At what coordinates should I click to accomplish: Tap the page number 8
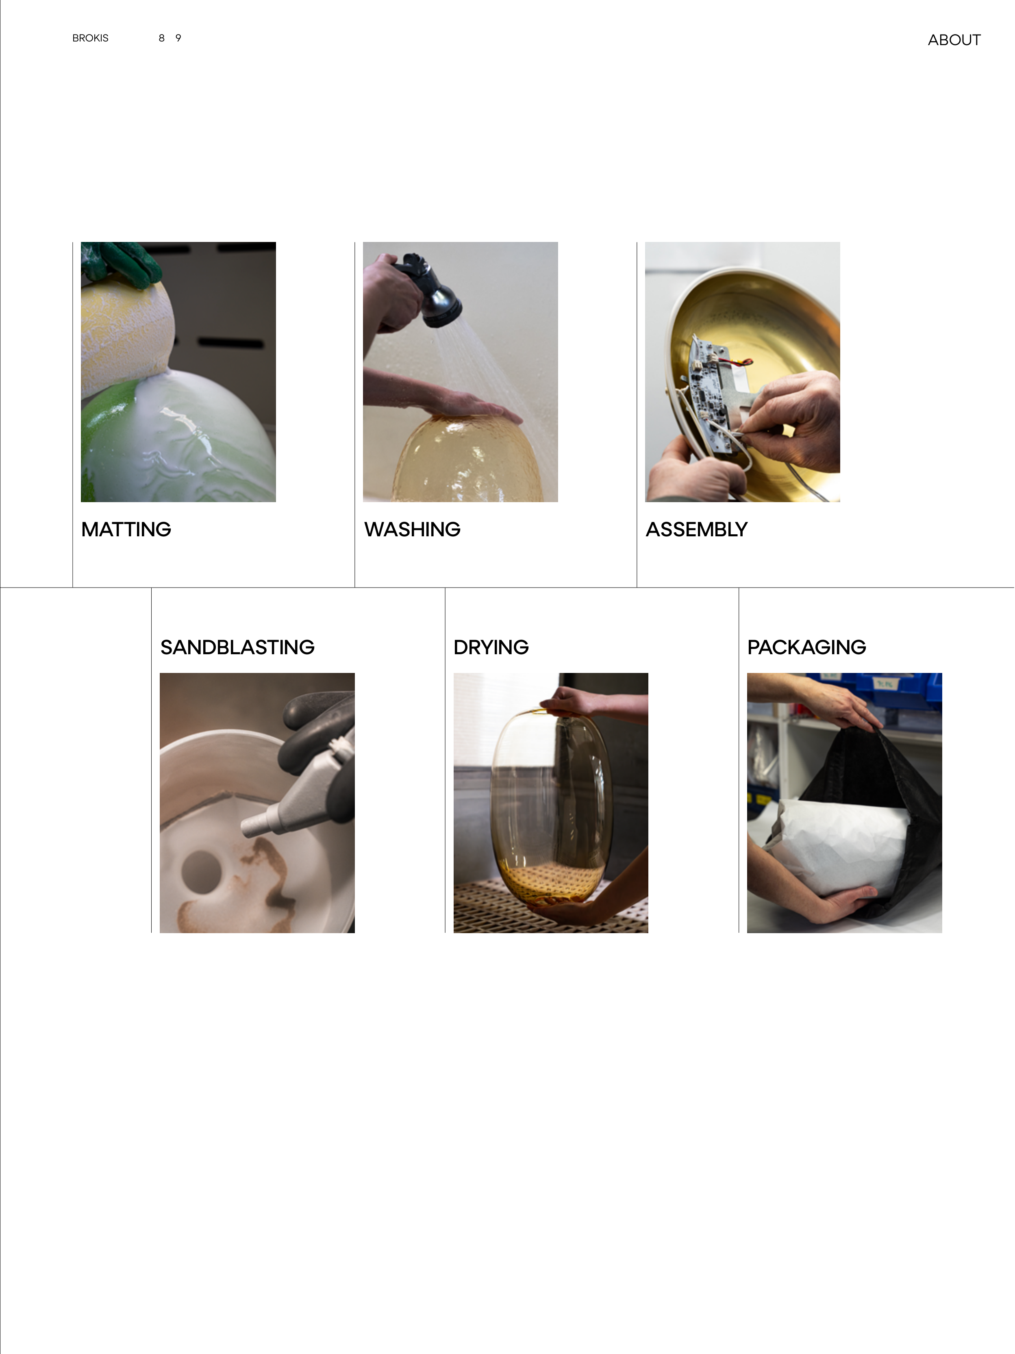coord(161,38)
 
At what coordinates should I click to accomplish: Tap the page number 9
coord(178,38)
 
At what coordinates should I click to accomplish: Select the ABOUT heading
coord(954,40)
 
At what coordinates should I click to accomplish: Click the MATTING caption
coord(126,529)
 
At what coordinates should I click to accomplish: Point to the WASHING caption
coord(412,529)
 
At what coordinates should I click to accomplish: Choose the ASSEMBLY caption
coord(697,529)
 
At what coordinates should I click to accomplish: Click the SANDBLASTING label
coord(237,647)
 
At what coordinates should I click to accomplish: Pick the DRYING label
coord(491,647)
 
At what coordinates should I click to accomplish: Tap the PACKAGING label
coord(807,647)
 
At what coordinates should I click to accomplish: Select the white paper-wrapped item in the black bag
coord(838,845)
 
